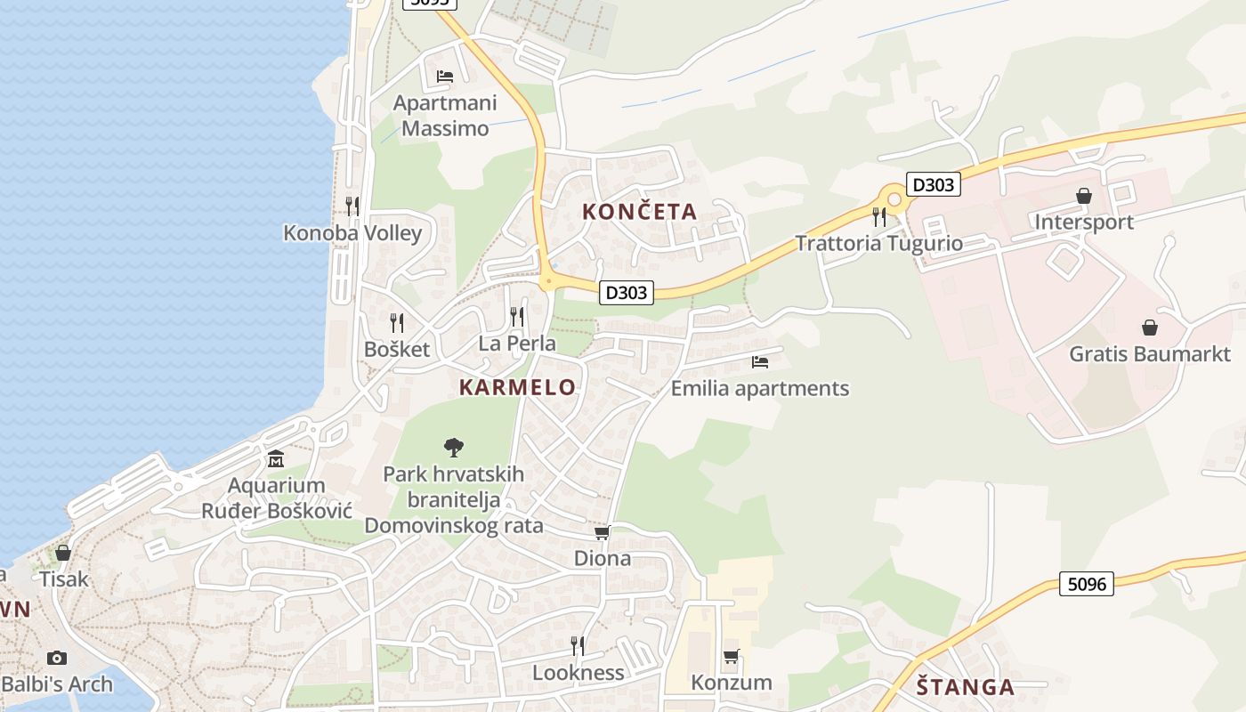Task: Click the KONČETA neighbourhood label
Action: (x=639, y=212)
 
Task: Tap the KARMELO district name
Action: (x=517, y=387)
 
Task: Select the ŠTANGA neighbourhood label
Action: (x=966, y=687)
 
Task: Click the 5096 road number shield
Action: (x=1087, y=584)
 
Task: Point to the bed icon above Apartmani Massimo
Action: (x=445, y=77)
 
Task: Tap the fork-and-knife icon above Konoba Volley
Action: (x=352, y=206)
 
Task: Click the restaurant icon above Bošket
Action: (x=397, y=322)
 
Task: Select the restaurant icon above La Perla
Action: (x=517, y=316)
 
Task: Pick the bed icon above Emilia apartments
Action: (x=759, y=362)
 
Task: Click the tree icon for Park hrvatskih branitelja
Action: (x=454, y=447)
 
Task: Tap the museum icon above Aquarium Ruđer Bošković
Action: (x=276, y=459)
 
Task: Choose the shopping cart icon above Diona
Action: (x=603, y=532)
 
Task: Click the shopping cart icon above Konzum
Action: (x=731, y=657)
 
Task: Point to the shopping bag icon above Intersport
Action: (x=1084, y=196)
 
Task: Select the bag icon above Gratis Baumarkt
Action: (x=1150, y=328)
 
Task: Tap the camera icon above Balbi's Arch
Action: (x=57, y=658)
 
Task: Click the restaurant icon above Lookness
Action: (x=578, y=645)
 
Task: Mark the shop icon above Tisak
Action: (x=63, y=553)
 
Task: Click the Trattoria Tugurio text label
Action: (x=878, y=243)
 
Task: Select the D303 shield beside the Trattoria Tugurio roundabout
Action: (x=934, y=185)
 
